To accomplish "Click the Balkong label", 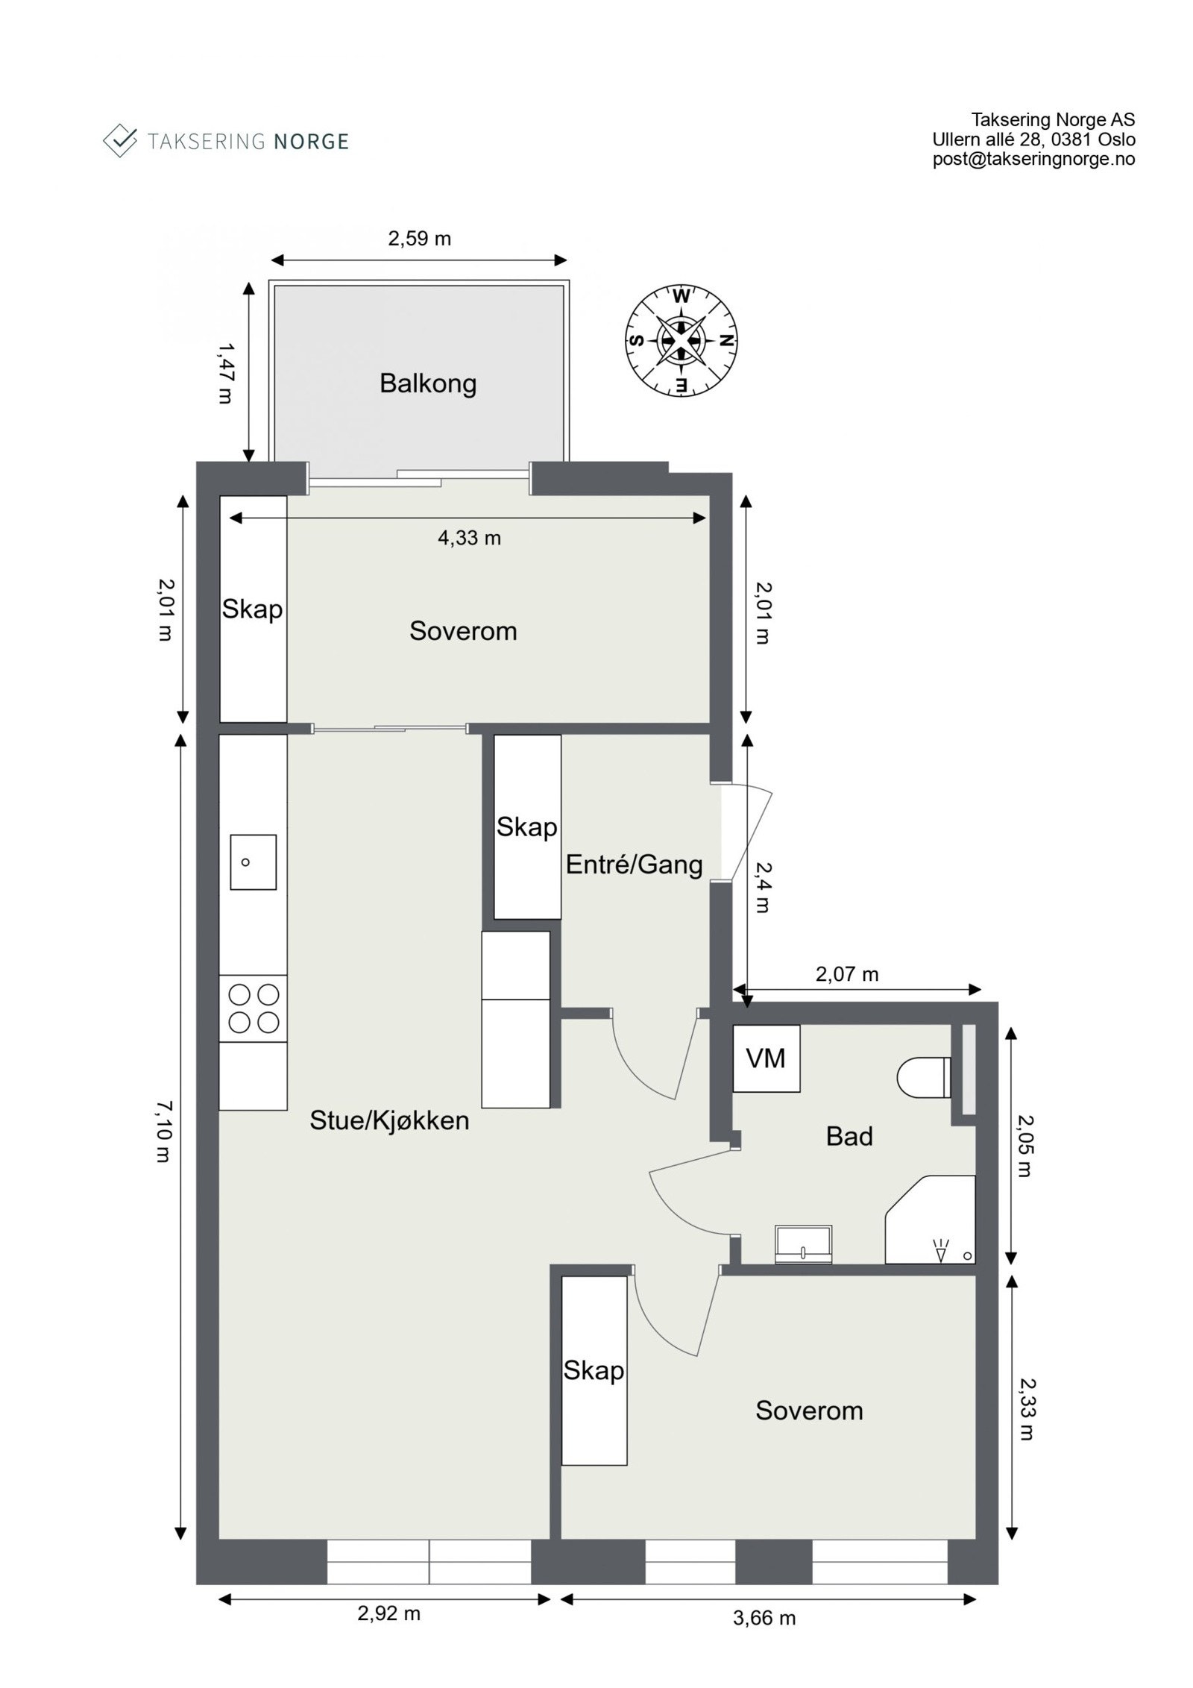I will [x=427, y=383].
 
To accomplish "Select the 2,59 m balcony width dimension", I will [x=419, y=239].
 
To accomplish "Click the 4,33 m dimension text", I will [x=469, y=538].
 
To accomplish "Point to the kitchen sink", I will [x=253, y=862].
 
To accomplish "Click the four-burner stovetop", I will [x=253, y=1008].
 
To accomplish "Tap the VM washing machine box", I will [x=766, y=1058].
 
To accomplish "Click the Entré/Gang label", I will [x=634, y=865].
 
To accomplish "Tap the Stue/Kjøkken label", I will [x=389, y=1120].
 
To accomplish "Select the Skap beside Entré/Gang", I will [x=526, y=826].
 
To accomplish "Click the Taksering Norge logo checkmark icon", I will [x=119, y=140].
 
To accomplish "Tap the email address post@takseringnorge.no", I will [x=1033, y=159].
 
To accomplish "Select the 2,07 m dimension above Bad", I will [x=847, y=974].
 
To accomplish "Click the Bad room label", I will [x=849, y=1136].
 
